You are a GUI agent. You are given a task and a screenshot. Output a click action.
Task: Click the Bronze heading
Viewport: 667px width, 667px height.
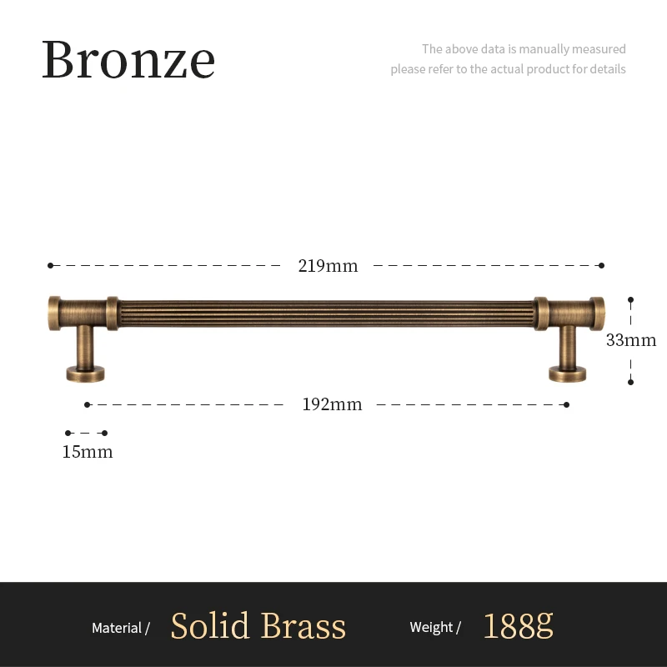pyautogui.click(x=128, y=59)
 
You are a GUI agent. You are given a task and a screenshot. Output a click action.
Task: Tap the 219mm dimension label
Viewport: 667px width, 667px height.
pyautogui.click(x=328, y=266)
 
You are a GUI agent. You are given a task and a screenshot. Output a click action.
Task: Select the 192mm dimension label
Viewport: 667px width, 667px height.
pyautogui.click(x=332, y=404)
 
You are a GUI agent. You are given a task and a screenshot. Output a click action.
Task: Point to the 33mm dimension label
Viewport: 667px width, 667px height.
pyautogui.click(x=631, y=340)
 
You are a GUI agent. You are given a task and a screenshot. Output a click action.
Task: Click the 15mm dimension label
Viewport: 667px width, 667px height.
pyautogui.click(x=88, y=452)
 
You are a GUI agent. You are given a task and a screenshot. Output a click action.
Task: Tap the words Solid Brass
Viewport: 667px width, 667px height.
pyautogui.click(x=258, y=626)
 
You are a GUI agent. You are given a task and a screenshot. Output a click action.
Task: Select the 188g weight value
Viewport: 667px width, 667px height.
pyautogui.click(x=518, y=626)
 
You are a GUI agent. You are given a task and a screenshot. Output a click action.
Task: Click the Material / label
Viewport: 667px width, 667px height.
pyautogui.click(x=121, y=628)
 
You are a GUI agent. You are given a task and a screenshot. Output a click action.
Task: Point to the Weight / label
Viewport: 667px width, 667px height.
pyautogui.click(x=435, y=628)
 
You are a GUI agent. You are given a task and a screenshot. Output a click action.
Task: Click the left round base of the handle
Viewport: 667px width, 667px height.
pyautogui.click(x=86, y=373)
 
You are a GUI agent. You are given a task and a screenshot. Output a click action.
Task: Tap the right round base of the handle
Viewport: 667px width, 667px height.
pyautogui.click(x=567, y=373)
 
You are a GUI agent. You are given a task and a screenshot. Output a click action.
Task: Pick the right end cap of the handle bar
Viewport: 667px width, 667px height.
pyautogui.click(x=596, y=311)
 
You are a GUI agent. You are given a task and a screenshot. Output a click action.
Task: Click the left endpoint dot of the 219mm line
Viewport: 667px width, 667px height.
pyautogui.click(x=50, y=266)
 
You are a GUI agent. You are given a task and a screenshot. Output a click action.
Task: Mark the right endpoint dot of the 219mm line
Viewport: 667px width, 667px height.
pyautogui.click(x=602, y=266)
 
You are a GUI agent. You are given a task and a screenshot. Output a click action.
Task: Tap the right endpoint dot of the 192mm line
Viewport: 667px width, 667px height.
pyautogui.click(x=567, y=404)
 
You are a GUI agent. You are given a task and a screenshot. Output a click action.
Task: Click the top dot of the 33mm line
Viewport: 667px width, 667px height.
pyautogui.click(x=631, y=298)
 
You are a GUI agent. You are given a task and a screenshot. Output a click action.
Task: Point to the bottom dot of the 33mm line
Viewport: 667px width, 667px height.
pyautogui.click(x=631, y=382)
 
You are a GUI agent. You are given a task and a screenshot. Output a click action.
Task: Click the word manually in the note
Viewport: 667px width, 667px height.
pyautogui.click(x=544, y=49)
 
